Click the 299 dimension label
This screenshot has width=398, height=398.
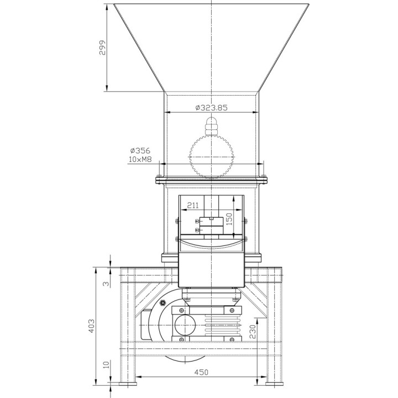(102, 48)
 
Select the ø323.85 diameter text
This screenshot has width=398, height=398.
(211, 108)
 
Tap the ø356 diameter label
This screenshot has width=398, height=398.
(140, 150)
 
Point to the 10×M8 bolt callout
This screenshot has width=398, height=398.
(140, 159)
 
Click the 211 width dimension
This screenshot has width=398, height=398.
(193, 205)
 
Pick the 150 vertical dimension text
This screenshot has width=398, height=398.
(229, 219)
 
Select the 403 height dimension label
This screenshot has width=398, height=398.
(91, 326)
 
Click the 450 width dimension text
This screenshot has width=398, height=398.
(201, 372)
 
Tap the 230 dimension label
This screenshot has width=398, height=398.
(253, 331)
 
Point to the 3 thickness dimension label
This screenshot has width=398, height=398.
(107, 284)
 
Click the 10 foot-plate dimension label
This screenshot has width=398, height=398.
(107, 364)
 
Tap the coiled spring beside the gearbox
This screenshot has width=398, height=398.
(222, 325)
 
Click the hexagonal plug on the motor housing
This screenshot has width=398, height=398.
(163, 302)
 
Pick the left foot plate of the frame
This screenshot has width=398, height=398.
(128, 384)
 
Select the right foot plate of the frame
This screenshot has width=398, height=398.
(274, 384)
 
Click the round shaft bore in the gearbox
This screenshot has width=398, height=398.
(185, 325)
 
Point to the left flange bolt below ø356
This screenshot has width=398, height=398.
(159, 176)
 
